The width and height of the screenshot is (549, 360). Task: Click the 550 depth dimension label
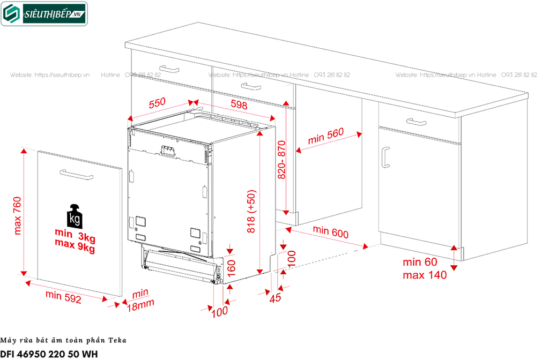tap(157, 103)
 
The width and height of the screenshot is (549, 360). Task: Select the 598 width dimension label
tap(239, 105)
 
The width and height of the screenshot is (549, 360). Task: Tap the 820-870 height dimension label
tap(283, 160)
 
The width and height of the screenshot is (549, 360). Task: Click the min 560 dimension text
tap(325, 138)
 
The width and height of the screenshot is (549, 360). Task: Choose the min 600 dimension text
tap(361, 232)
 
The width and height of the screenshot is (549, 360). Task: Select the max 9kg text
tap(75, 248)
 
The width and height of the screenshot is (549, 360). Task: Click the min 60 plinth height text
tap(420, 262)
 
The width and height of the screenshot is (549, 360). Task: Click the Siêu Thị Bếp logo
tap(44, 14)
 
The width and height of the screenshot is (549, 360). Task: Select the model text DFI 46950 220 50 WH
tap(49, 354)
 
